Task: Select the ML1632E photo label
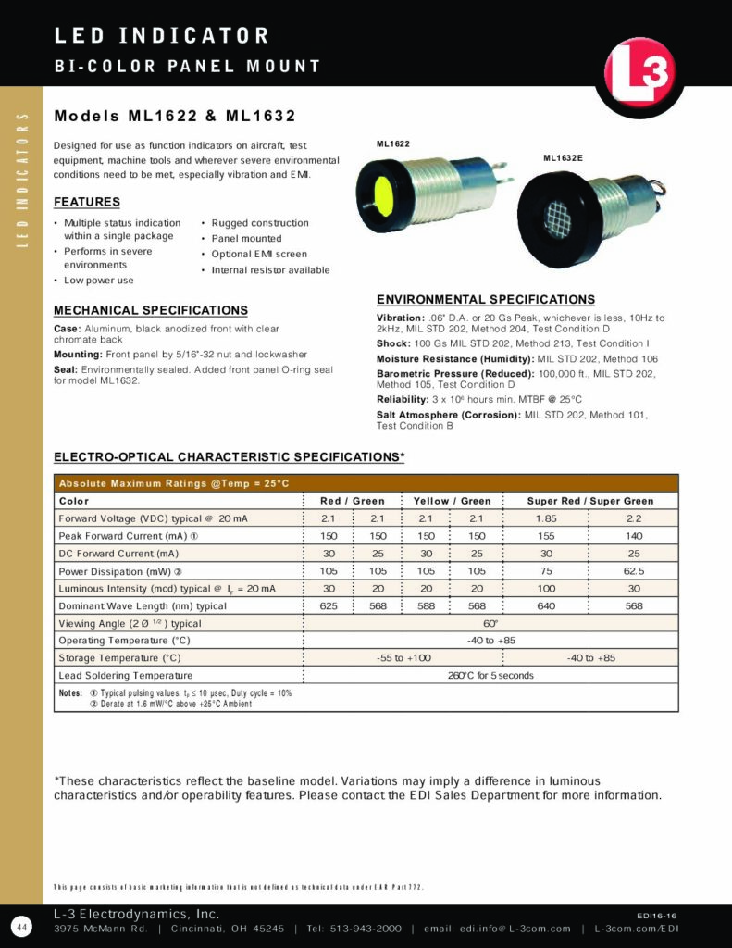coord(563,158)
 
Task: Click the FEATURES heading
coord(87,202)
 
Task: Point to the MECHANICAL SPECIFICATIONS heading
coord(151,310)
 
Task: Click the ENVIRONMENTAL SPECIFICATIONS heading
coord(486,300)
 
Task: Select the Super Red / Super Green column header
coord(590,501)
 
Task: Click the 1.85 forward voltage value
coord(546,518)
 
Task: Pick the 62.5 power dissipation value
coord(634,571)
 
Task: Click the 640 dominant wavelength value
coord(546,606)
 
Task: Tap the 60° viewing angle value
coord(490,623)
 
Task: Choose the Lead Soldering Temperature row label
coord(125,676)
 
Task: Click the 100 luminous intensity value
coord(546,589)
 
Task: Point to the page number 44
coord(20,926)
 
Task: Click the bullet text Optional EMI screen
coord(259,254)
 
